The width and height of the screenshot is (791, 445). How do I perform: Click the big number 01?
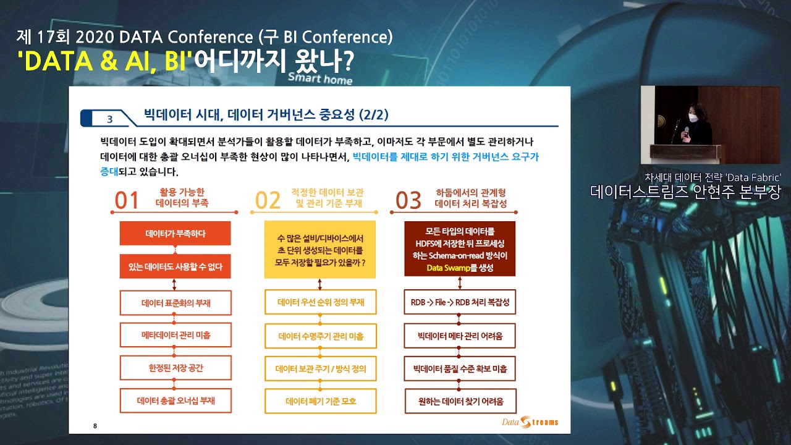pyautogui.click(x=127, y=200)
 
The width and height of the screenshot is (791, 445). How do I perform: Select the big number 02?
pyautogui.click(x=268, y=200)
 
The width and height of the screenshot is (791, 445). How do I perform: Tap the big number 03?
pyautogui.click(x=408, y=200)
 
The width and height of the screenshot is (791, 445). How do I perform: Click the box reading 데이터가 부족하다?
pyautogui.click(x=175, y=234)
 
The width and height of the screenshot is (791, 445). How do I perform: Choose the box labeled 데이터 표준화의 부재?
pyautogui.click(x=176, y=303)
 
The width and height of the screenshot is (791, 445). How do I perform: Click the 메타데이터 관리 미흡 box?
pyautogui.click(x=176, y=335)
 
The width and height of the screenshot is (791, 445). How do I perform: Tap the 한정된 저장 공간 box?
pyautogui.click(x=176, y=368)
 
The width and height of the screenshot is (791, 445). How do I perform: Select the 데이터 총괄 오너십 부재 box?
pyautogui.click(x=176, y=400)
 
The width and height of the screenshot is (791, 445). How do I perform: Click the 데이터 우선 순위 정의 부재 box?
pyautogui.click(x=321, y=302)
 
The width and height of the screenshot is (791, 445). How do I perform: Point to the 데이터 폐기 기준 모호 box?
pyautogui.click(x=321, y=402)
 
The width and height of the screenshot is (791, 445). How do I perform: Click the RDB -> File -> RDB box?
pyautogui.click(x=460, y=303)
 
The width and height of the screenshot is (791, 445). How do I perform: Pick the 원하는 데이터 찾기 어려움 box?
pyautogui.click(x=460, y=402)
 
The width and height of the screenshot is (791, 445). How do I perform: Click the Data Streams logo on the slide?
pyautogui.click(x=530, y=422)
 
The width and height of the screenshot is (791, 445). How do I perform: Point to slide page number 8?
pyautogui.click(x=95, y=426)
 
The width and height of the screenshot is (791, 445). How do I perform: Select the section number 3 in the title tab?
pyautogui.click(x=110, y=119)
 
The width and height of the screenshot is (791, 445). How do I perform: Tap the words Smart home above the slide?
pyautogui.click(x=319, y=78)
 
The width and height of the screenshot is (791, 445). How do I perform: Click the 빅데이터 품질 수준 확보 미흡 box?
pyautogui.click(x=460, y=369)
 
